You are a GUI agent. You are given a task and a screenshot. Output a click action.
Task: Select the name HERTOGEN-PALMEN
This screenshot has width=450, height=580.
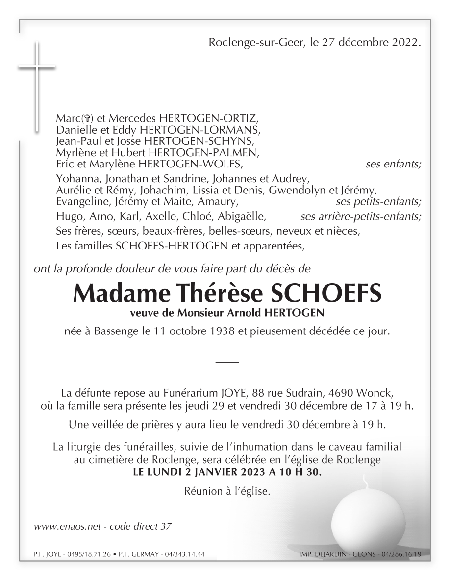[x=214, y=152]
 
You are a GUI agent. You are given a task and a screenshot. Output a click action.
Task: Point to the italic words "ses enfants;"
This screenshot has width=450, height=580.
[x=393, y=164]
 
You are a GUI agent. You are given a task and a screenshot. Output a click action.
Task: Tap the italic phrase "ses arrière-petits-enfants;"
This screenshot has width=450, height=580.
[x=361, y=216]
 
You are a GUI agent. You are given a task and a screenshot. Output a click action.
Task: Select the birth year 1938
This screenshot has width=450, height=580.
[x=219, y=331]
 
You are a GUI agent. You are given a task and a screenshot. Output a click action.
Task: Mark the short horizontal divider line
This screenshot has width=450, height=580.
[x=226, y=362]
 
